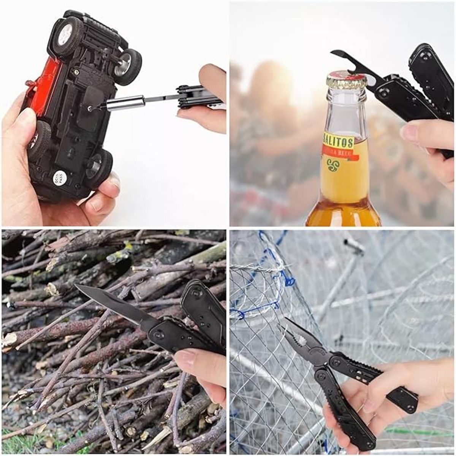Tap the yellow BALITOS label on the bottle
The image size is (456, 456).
point(339,142)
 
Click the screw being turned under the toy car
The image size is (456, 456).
point(90,109)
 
